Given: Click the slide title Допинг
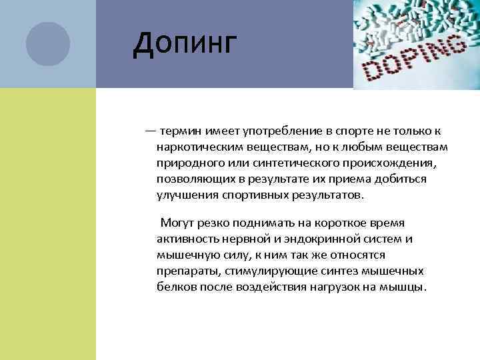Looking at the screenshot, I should click(x=185, y=45).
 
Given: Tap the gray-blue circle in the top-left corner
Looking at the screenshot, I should click(x=48, y=44).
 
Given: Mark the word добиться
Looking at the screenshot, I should click(x=402, y=179).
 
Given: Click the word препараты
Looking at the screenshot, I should click(x=185, y=271).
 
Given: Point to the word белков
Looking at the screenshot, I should click(x=175, y=287).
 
